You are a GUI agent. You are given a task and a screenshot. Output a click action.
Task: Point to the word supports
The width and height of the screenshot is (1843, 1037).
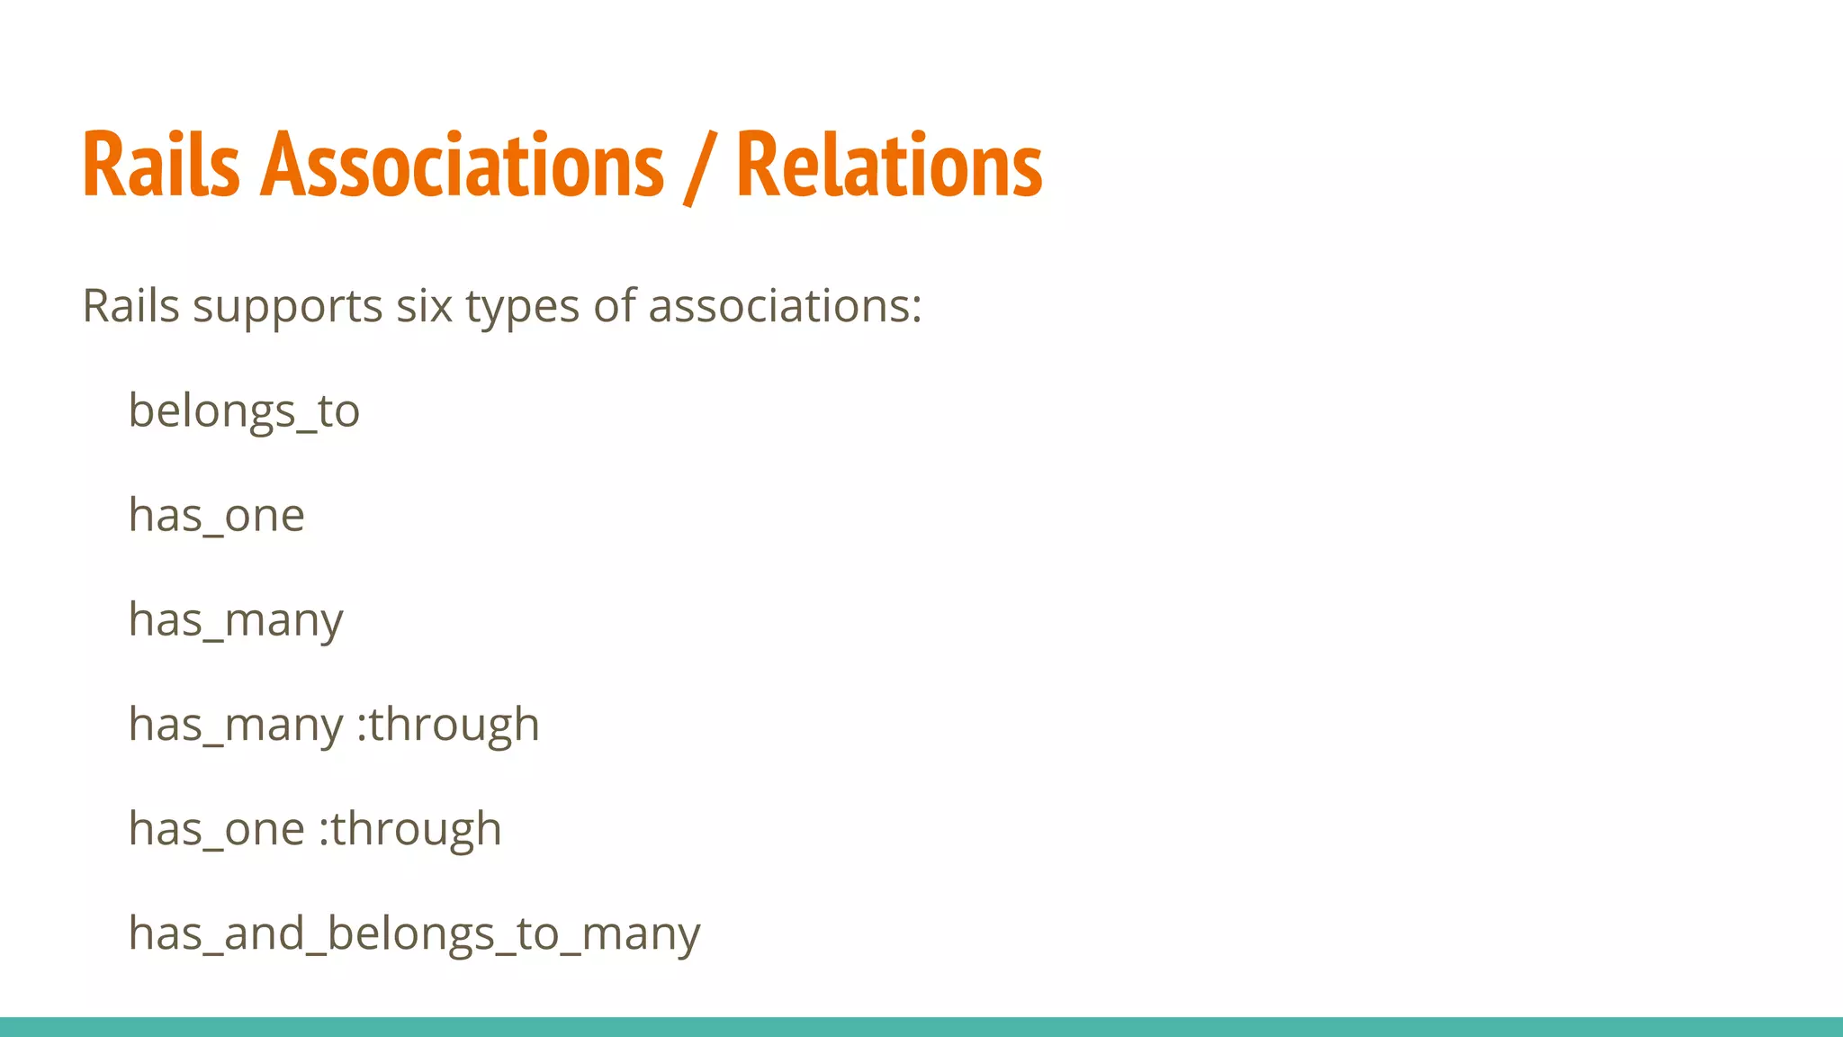(288, 308)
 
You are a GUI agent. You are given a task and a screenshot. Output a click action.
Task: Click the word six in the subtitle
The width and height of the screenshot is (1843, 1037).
(424, 306)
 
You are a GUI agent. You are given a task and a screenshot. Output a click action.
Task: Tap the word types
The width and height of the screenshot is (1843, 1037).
(522, 308)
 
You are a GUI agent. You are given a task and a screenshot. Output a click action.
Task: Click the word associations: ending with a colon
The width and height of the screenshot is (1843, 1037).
(785, 306)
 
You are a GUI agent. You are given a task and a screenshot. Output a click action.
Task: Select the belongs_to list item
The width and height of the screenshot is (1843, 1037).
(244, 411)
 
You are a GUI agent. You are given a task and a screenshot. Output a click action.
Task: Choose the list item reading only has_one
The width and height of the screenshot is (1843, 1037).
(217, 516)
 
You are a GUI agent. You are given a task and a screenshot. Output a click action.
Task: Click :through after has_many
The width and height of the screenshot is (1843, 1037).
(448, 726)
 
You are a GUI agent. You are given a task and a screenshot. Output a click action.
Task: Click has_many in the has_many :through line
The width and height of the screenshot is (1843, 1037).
(236, 726)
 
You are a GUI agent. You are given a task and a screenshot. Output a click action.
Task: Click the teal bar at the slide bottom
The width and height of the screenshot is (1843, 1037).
(921, 1027)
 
